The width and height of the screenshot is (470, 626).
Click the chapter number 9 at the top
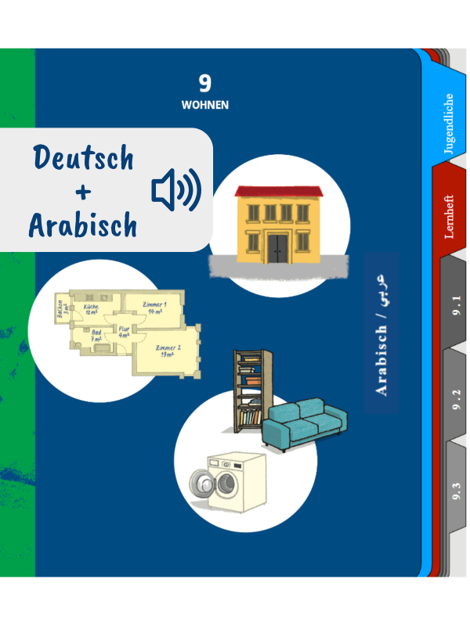pyautogui.click(x=205, y=82)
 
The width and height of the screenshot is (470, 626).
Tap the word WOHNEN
pyautogui.click(x=205, y=104)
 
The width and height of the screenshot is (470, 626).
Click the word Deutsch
pyautogui.click(x=83, y=159)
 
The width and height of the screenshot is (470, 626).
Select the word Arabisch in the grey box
pyautogui.click(x=83, y=225)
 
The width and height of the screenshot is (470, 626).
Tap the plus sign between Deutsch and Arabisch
pyautogui.click(x=83, y=192)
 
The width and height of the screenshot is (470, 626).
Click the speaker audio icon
pyautogui.click(x=175, y=190)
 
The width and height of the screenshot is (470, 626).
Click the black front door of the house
pyautogui.click(x=277, y=247)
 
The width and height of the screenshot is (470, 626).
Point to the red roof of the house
pyautogui.click(x=278, y=192)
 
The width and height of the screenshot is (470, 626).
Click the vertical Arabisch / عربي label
pyautogui.click(x=381, y=333)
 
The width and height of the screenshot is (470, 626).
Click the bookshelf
pyautogui.click(x=250, y=389)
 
